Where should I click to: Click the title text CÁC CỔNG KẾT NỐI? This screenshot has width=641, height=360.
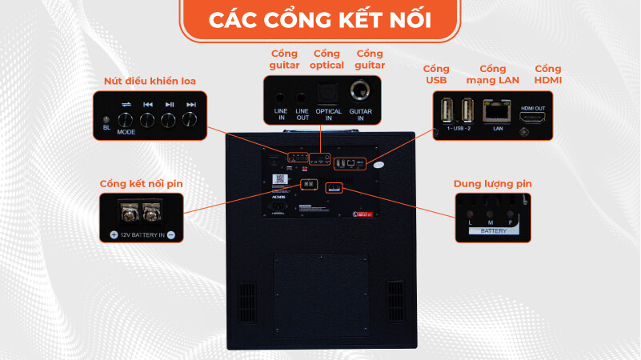click(320, 19)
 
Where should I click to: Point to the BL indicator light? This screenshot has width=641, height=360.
click(106, 119)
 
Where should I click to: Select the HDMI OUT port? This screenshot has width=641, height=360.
click(532, 117)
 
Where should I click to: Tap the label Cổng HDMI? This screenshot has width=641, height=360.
click(548, 74)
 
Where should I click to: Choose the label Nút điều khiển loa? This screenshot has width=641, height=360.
click(150, 81)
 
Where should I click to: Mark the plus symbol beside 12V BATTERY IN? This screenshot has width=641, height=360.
click(114, 235)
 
